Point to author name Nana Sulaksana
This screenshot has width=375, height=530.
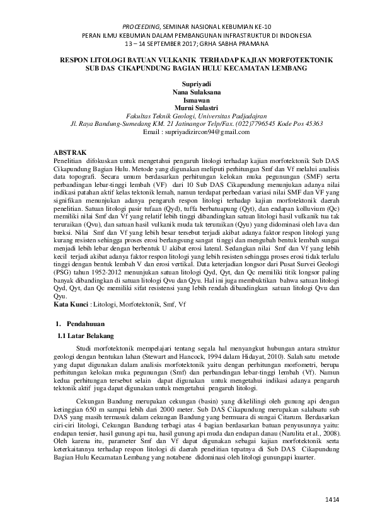(187, 91)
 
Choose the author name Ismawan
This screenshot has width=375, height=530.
(187, 99)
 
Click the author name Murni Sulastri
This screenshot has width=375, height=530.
(187, 108)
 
